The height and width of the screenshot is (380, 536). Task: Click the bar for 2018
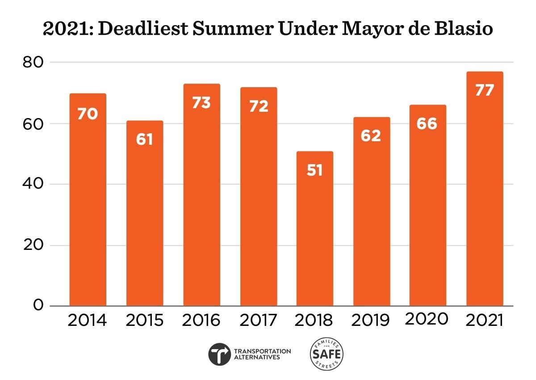pos(314,228)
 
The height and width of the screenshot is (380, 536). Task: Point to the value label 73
pos(201,102)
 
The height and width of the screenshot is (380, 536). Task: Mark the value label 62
pos(371,135)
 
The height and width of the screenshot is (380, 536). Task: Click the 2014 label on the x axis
pos(88,321)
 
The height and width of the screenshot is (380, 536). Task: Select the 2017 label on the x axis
pos(258,321)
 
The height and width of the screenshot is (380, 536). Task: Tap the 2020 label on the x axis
pos(427,319)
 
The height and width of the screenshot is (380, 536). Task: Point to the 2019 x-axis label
pos(371,321)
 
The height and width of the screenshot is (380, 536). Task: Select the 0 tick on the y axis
pos(38,306)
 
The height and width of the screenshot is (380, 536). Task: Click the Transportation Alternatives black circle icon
pos(220,354)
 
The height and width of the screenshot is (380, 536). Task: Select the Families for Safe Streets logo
pos(327,354)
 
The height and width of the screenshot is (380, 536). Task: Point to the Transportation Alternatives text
pos(262,354)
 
